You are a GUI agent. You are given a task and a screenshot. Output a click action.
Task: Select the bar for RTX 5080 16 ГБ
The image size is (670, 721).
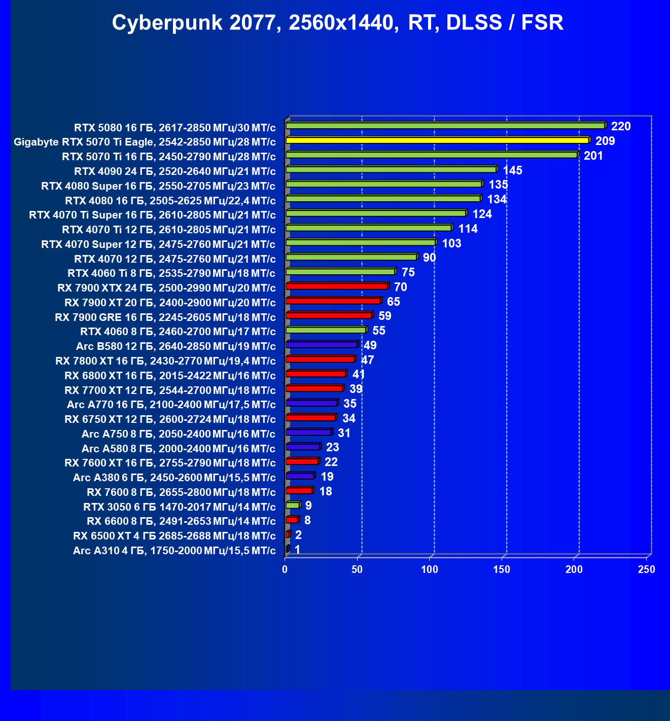[x=445, y=125]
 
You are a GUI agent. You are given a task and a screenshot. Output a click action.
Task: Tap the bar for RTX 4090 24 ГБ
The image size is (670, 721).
[x=391, y=169]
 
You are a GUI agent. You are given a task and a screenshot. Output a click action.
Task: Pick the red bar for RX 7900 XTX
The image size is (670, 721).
[x=337, y=286]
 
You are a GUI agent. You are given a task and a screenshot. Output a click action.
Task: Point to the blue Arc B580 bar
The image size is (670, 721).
[x=322, y=345]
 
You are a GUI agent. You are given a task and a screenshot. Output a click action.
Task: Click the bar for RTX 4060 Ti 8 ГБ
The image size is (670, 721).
[x=340, y=272]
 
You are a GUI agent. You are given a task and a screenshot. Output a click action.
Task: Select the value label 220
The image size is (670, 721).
[x=621, y=126]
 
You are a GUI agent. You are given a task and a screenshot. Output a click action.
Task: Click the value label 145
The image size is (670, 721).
[x=512, y=170]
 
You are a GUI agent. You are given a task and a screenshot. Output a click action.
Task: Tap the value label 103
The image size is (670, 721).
[x=451, y=243]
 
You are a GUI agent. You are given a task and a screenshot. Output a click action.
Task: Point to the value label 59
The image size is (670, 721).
[x=385, y=316]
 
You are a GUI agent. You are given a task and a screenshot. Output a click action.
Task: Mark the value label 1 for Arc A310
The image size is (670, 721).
[x=297, y=550]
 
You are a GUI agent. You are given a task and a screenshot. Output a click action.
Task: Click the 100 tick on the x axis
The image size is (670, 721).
[x=430, y=569]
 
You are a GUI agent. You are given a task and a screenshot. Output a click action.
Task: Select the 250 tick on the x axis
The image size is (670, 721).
[x=647, y=569]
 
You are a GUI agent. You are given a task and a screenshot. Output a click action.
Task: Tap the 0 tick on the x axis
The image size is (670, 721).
[x=285, y=569]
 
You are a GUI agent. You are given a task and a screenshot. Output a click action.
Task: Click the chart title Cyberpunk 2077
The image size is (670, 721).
[x=337, y=23]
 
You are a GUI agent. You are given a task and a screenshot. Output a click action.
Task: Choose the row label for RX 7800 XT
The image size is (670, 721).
[x=165, y=361]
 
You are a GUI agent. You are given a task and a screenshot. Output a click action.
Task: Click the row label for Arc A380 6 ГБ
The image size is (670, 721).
[x=174, y=478]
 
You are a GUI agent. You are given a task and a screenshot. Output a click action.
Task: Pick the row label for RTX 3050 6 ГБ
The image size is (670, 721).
[x=179, y=507]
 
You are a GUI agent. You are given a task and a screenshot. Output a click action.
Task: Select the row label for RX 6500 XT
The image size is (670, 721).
[x=174, y=536]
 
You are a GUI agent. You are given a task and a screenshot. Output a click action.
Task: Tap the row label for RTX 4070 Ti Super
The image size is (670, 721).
[x=152, y=215]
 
